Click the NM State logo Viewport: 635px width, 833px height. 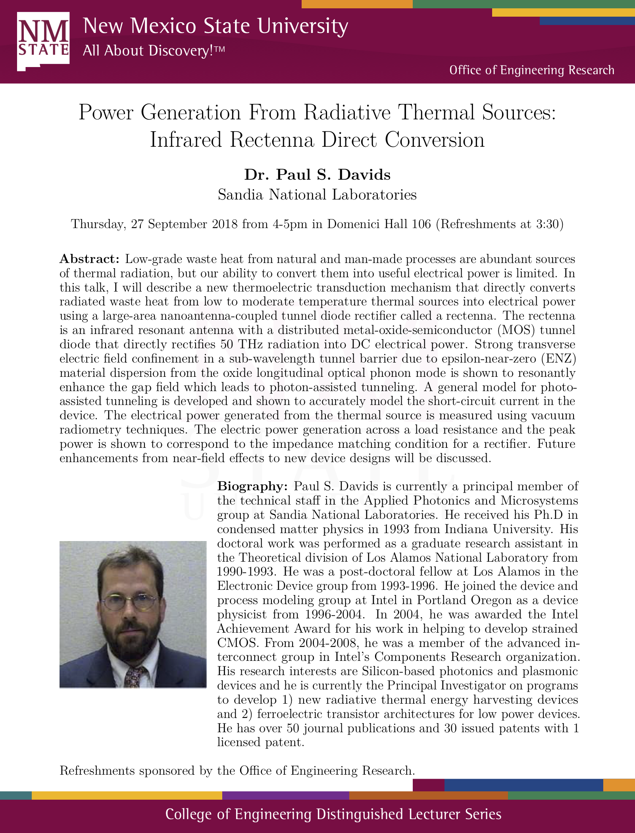click(x=43, y=41)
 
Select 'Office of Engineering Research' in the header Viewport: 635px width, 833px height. click(x=531, y=70)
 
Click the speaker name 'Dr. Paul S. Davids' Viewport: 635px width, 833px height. click(x=317, y=175)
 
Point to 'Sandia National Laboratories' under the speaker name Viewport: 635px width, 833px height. click(x=317, y=195)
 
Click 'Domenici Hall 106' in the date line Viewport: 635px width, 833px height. click(x=379, y=224)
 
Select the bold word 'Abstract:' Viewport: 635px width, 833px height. click(x=89, y=259)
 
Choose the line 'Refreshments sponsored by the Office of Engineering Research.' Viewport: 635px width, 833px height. click(x=237, y=771)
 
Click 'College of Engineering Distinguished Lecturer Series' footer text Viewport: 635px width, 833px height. click(x=333, y=814)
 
